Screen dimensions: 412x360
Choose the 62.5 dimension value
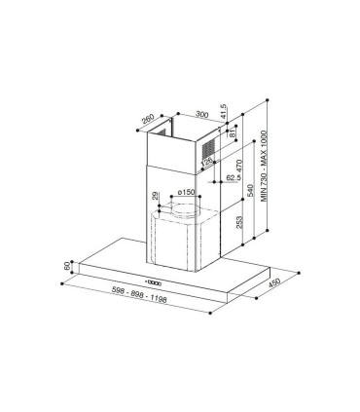tap(230, 178)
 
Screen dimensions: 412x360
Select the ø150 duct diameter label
tap(187, 192)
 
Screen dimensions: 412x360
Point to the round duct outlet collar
tap(182, 207)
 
